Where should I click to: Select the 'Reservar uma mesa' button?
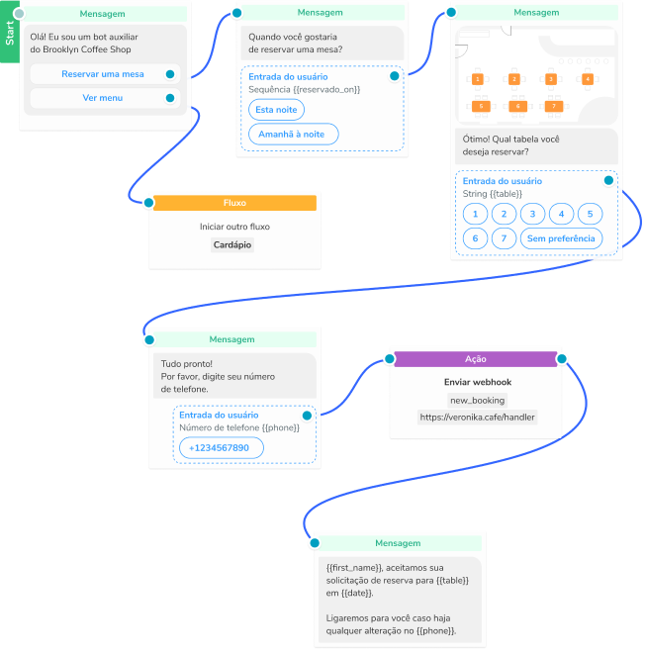[102, 74]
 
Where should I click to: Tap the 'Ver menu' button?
[102, 98]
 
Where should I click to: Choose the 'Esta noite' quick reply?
[276, 110]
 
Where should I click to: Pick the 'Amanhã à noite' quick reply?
[293, 135]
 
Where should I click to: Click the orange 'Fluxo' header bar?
[234, 203]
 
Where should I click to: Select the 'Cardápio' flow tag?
[233, 244]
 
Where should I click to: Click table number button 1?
[476, 214]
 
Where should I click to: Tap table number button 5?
[590, 214]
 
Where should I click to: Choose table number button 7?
[505, 238]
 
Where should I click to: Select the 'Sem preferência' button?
[561, 238]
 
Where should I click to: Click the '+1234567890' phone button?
[221, 448]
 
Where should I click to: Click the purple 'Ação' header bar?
[477, 359]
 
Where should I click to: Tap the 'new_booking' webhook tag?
[477, 401]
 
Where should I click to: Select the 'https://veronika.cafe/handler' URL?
[477, 418]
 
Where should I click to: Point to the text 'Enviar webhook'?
[477, 382]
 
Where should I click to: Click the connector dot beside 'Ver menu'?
[171, 98]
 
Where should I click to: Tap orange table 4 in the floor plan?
[588, 78]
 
